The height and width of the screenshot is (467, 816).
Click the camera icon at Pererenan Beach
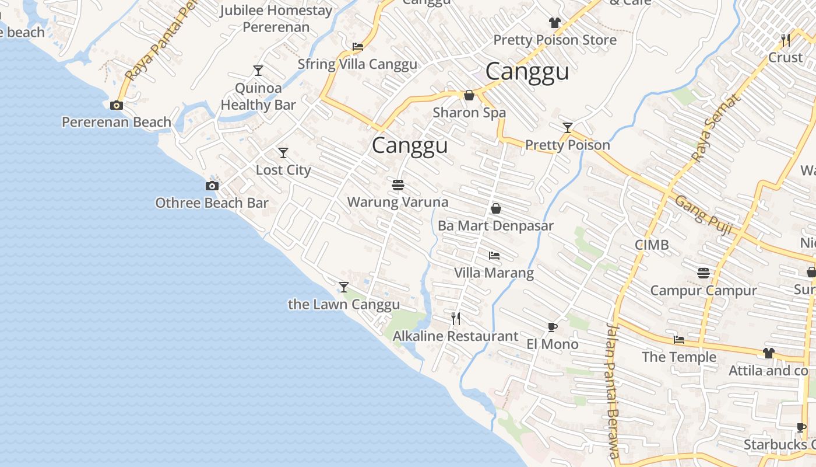(117, 106)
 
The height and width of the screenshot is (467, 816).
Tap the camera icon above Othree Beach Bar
(212, 186)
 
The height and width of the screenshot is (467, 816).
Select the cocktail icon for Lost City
(283, 153)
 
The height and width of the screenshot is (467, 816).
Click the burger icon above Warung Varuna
(398, 186)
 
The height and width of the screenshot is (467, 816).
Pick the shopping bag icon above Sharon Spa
(469, 95)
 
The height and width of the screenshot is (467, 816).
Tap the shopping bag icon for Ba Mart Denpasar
(496, 208)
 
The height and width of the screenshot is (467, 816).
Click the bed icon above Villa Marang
(494, 256)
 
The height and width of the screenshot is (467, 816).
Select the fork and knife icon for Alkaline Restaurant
(456, 319)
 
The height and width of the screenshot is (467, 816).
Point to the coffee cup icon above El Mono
(552, 327)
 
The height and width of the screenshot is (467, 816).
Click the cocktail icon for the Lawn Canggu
(344, 287)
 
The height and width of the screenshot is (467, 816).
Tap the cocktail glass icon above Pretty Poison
(568, 128)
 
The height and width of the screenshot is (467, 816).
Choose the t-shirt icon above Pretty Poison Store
(554, 23)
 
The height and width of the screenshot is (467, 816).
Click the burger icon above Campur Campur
(704, 273)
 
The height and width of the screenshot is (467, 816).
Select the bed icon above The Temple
(679, 340)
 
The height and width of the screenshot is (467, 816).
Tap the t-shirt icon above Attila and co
(769, 353)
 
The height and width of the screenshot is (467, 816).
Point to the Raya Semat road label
(715, 127)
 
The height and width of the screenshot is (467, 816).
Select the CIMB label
(652, 245)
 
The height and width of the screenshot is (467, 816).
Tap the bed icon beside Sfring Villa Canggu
(358, 47)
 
